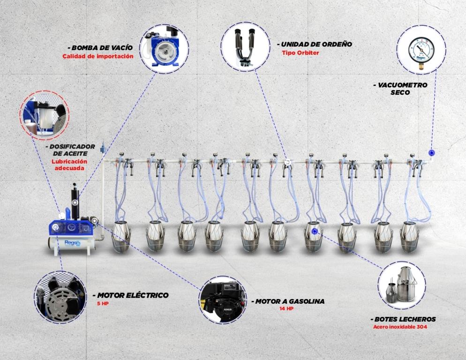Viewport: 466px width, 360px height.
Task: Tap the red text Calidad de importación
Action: click(98, 56)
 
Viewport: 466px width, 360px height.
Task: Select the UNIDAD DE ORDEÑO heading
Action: click(315, 44)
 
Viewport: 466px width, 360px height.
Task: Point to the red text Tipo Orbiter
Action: click(300, 53)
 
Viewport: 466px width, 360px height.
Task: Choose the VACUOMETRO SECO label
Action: click(401, 89)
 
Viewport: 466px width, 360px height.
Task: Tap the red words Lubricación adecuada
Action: click(69, 165)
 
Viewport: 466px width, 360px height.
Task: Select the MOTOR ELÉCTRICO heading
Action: click(131, 295)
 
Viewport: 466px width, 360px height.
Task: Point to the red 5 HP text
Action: click(103, 304)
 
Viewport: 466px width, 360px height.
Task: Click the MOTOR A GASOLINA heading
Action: click(288, 301)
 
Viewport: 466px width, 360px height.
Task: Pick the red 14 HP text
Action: click(286, 308)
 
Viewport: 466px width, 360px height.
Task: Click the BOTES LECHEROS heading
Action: click(403, 319)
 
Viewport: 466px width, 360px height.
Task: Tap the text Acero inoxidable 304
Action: click(400, 327)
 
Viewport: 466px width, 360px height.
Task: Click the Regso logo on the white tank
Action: click(73, 243)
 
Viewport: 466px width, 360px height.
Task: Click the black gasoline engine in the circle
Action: click(223, 300)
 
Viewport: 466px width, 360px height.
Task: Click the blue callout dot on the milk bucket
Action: click(314, 231)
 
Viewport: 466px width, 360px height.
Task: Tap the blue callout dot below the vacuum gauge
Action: click(431, 153)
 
